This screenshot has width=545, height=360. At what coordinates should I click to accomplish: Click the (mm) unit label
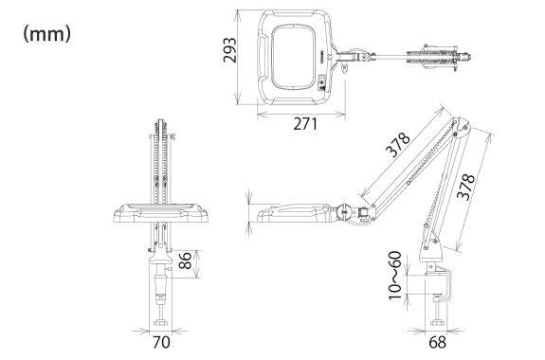click(47, 34)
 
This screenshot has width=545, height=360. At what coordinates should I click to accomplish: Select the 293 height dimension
click(229, 49)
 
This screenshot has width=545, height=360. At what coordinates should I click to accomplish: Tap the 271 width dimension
click(305, 124)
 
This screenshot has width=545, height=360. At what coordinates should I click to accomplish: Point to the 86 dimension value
click(185, 261)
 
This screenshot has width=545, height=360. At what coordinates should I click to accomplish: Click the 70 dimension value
click(161, 342)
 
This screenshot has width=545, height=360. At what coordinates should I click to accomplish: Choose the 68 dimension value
click(437, 342)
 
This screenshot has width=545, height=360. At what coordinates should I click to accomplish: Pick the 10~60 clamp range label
click(395, 276)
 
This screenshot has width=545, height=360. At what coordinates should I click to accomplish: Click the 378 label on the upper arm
click(398, 145)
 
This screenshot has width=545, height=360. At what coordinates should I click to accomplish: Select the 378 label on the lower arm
click(465, 187)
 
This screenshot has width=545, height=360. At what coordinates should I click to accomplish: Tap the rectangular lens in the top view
click(294, 57)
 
